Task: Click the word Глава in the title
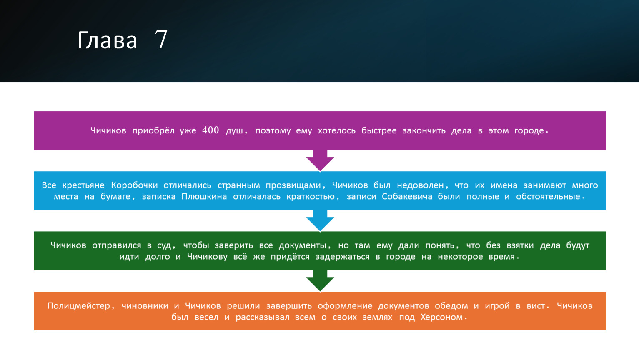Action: (x=107, y=40)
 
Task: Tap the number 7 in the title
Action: (x=161, y=39)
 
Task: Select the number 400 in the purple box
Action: (x=210, y=130)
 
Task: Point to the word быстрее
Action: (x=379, y=131)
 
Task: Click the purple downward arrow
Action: (x=320, y=160)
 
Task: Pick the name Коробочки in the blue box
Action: (x=134, y=185)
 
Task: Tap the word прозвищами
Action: (x=293, y=185)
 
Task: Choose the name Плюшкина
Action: (x=204, y=197)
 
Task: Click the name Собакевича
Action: (x=407, y=197)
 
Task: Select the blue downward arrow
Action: (x=320, y=221)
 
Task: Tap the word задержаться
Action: (x=342, y=257)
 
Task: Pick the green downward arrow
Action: (x=320, y=281)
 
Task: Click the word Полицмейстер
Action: (x=78, y=306)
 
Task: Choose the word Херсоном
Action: (x=441, y=317)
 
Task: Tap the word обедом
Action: (x=451, y=306)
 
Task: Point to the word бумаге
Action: (x=115, y=197)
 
